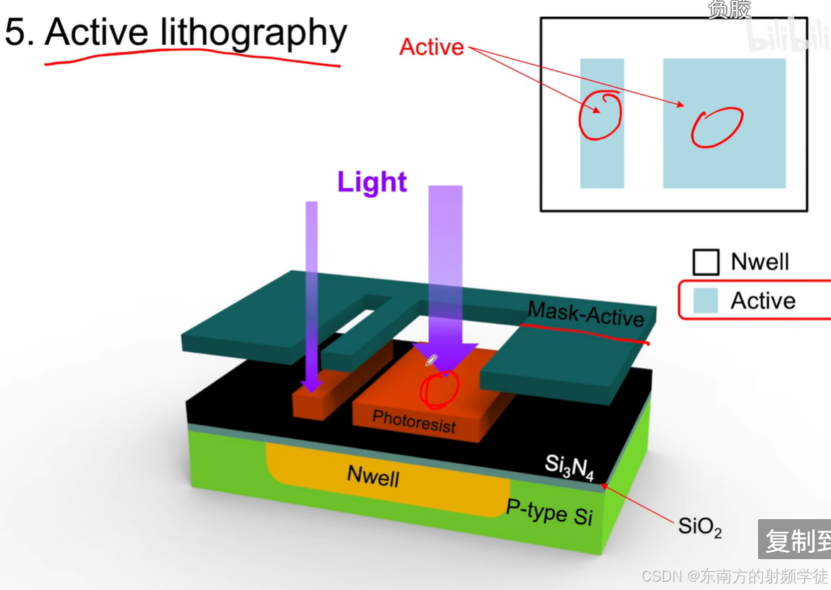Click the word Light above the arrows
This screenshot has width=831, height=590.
[x=372, y=182]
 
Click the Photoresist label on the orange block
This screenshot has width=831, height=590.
[x=413, y=421]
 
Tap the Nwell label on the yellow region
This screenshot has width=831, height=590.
[x=373, y=476]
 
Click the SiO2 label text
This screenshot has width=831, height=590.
[x=700, y=526]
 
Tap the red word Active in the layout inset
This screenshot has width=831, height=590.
[x=432, y=47]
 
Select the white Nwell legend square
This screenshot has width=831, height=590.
[x=706, y=262]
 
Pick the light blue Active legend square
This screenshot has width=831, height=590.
[x=706, y=301]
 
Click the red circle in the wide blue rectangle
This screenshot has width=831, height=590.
[x=717, y=127]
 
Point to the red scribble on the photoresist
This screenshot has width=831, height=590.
[x=439, y=388]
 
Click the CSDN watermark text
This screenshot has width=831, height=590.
[x=734, y=576]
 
